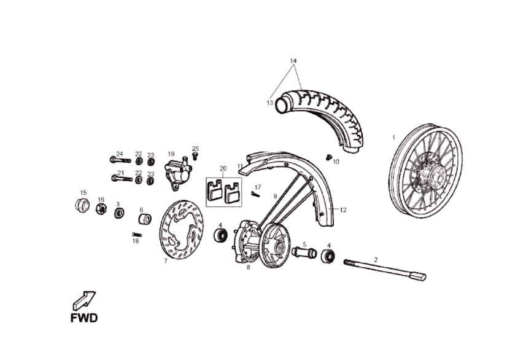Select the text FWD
click(83, 318)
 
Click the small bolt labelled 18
click(137, 234)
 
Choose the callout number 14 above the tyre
click(293, 61)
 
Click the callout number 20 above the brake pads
click(223, 168)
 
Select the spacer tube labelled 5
click(304, 252)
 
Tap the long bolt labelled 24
click(120, 160)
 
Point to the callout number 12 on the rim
click(343, 210)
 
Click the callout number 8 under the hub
click(249, 268)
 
